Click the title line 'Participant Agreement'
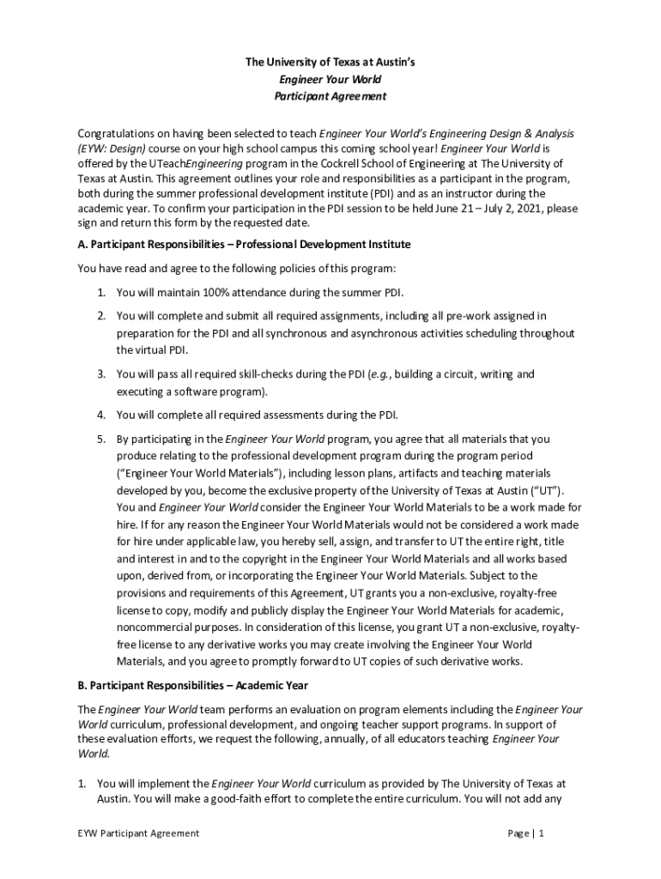tap(330, 96)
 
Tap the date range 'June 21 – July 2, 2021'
tap(457, 208)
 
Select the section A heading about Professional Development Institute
tap(244, 245)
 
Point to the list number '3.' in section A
tap(101, 374)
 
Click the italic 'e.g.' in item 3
tap(380, 374)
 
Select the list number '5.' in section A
tap(101, 439)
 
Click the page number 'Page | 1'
tap(526, 833)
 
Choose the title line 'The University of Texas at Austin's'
tap(330, 63)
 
